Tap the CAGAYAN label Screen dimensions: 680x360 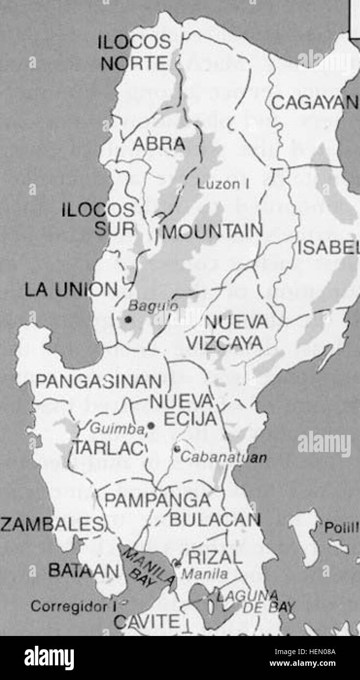pyautogui.click(x=314, y=103)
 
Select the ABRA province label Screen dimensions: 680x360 pyautogui.click(x=159, y=144)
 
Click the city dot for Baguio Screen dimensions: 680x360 pyautogui.click(x=128, y=319)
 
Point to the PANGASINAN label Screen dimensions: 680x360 pyautogui.click(x=99, y=381)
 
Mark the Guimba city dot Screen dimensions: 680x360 pyautogui.click(x=151, y=426)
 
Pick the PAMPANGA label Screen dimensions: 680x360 pyautogui.click(x=158, y=500)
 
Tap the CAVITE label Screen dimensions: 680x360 pyautogui.click(x=147, y=623)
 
